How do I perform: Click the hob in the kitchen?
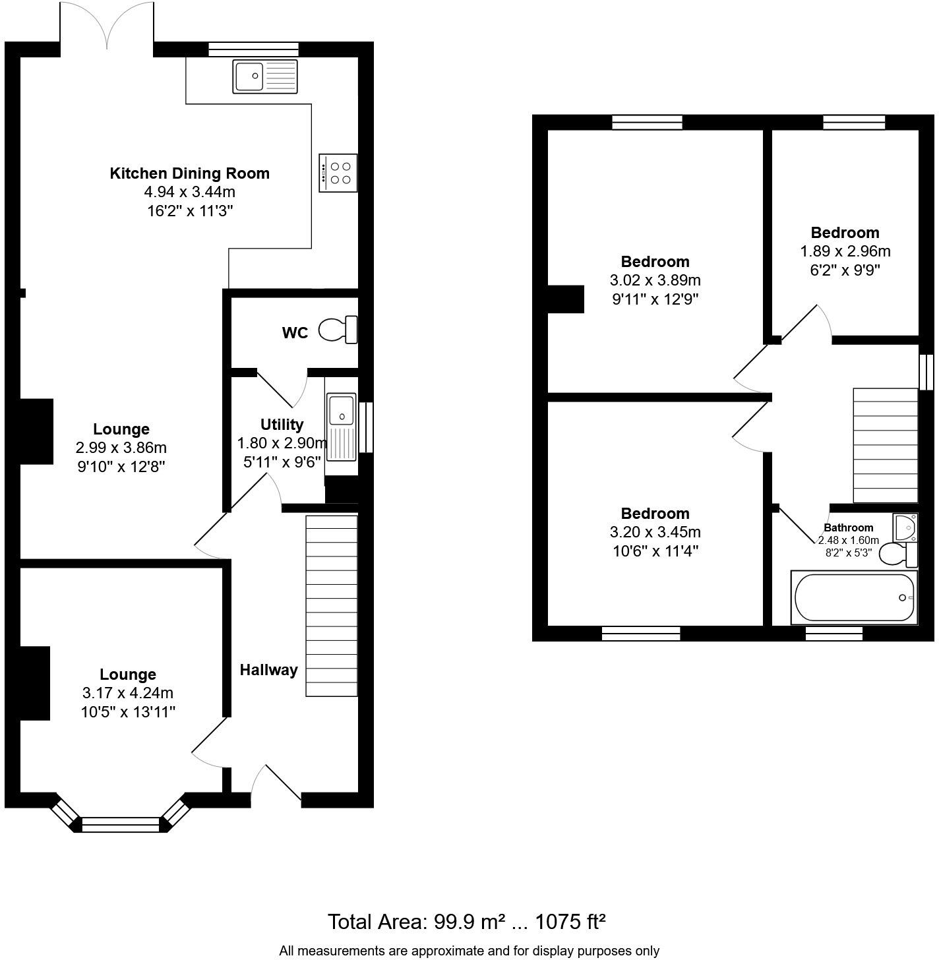tap(338, 173)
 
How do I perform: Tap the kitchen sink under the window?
tap(266, 76)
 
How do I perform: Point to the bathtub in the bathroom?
tap(854, 597)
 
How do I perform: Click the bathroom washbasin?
tap(905, 527)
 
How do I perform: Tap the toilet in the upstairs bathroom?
tap(899, 555)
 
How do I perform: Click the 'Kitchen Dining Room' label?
tap(189, 173)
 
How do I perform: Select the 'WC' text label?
tap(295, 333)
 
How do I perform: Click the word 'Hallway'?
tap(269, 670)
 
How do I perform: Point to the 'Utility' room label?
tap(282, 425)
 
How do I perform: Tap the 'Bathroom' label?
tap(848, 527)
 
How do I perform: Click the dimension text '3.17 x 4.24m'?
tap(128, 693)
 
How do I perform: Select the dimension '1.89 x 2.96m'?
tap(845, 252)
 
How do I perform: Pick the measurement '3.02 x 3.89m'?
tap(655, 280)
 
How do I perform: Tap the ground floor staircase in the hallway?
tap(332, 607)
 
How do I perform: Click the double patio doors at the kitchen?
tap(107, 24)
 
